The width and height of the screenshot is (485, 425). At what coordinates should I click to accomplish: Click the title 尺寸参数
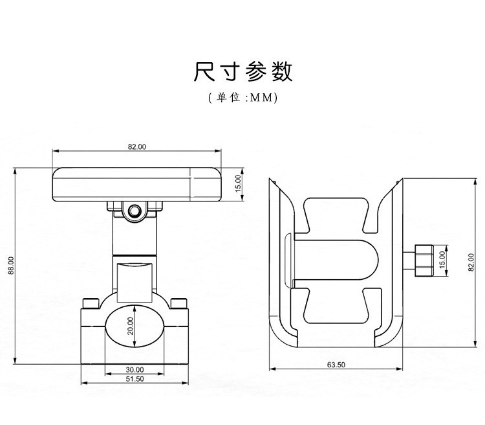tap(242, 72)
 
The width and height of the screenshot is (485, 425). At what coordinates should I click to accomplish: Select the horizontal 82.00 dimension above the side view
tap(136, 147)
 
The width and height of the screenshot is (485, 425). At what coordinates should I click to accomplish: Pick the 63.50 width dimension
tap(336, 365)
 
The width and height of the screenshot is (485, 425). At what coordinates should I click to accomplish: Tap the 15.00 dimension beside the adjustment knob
tap(442, 259)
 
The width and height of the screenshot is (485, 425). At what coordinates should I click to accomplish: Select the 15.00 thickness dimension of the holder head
tap(237, 183)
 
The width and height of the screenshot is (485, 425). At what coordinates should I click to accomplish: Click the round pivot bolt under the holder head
tap(135, 211)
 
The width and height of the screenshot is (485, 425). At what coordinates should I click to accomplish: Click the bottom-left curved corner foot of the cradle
tap(281, 337)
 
